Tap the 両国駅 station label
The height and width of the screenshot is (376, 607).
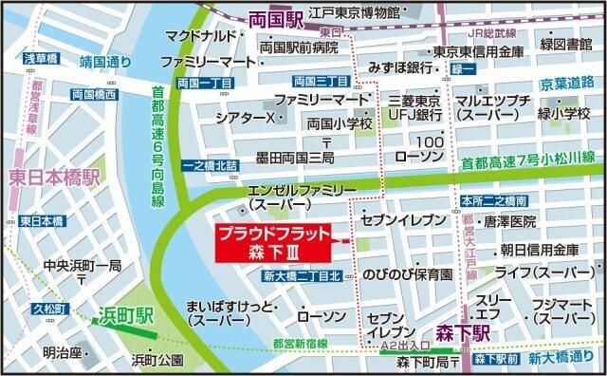pyautogui.click(x=274, y=18)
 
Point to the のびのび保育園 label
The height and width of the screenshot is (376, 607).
pyautogui.click(x=406, y=273)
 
